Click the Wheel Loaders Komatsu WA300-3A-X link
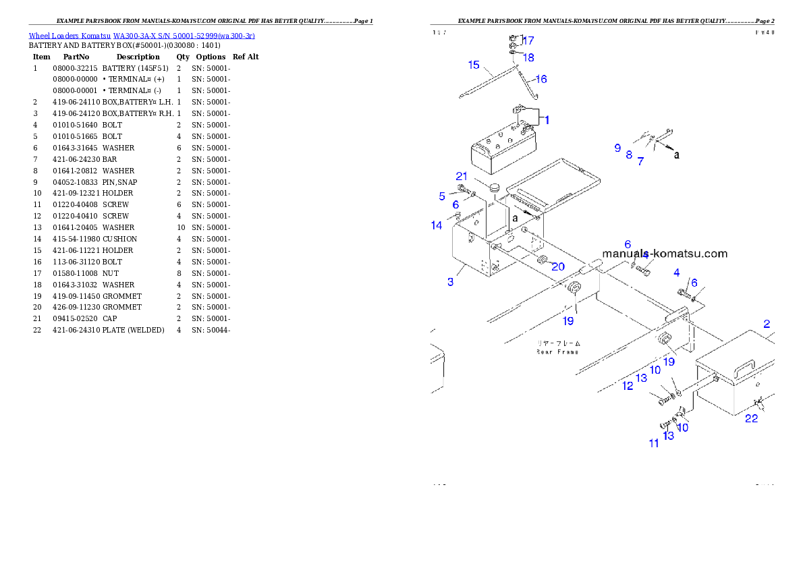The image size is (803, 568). click(x=142, y=35)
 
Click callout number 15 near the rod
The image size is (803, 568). click(x=474, y=65)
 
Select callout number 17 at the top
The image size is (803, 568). click(x=528, y=40)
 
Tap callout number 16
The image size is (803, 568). click(x=541, y=79)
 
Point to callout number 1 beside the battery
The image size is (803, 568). click(x=547, y=120)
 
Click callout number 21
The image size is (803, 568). click(x=461, y=177)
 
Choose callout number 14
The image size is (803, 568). click(x=437, y=225)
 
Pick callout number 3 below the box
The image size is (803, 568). click(x=451, y=281)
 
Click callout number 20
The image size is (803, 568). click(x=558, y=266)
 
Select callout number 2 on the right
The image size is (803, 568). click(x=767, y=324)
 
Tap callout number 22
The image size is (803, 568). click(x=751, y=418)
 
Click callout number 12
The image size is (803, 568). click(x=628, y=386)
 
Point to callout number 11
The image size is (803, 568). click(x=654, y=443)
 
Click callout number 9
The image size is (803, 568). click(x=617, y=148)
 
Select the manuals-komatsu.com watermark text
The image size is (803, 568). click(x=665, y=254)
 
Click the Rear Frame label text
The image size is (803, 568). click(x=557, y=347)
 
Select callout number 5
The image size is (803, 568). click(x=442, y=196)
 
